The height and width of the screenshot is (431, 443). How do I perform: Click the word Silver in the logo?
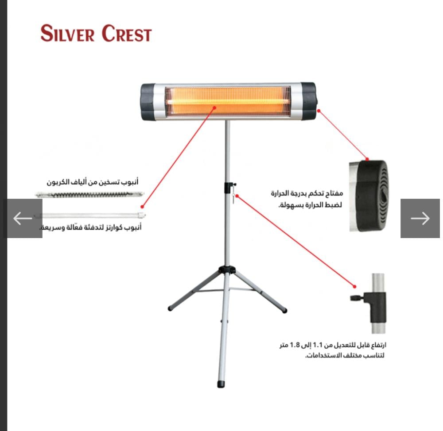[68, 34]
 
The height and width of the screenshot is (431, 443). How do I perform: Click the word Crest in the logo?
[126, 34]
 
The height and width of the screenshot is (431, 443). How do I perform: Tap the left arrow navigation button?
[23, 218]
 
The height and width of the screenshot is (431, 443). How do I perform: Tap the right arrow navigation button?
[420, 218]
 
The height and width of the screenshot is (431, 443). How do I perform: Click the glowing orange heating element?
[228, 101]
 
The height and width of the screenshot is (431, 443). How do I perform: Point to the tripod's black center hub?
[227, 269]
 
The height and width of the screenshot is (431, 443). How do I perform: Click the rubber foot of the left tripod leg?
[170, 308]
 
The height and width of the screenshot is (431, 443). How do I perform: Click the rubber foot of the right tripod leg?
[284, 311]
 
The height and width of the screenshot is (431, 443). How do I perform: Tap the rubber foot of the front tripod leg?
[221, 383]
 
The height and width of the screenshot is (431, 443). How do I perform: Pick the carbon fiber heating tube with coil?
[90, 194]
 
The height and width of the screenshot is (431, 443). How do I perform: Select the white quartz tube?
[91, 216]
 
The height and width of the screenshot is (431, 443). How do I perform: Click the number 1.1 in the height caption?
[319, 345]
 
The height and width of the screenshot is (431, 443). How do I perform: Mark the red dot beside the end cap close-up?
[367, 159]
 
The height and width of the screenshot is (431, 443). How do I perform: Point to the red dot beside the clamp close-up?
[354, 286]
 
